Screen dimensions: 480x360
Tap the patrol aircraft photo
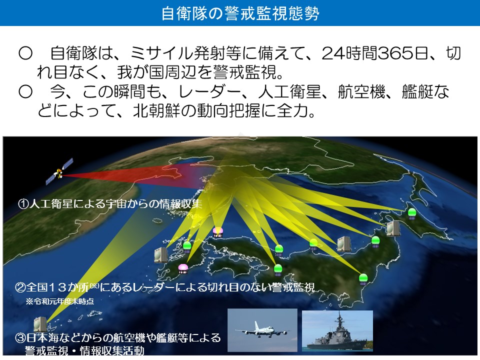262,330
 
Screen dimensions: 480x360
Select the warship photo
337,331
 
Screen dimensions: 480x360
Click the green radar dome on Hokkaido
412,213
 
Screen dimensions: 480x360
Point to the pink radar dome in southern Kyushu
183,268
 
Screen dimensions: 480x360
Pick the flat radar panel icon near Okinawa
40,324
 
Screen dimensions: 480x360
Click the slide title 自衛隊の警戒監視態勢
240,13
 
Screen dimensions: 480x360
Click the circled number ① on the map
23,204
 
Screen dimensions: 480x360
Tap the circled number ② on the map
20,287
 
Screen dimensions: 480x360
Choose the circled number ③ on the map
20,338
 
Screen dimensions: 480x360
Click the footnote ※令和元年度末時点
60,301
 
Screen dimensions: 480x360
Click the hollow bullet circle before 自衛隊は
25,53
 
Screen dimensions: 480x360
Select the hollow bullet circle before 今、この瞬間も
25,91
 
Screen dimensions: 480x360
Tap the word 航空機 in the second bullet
361,91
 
